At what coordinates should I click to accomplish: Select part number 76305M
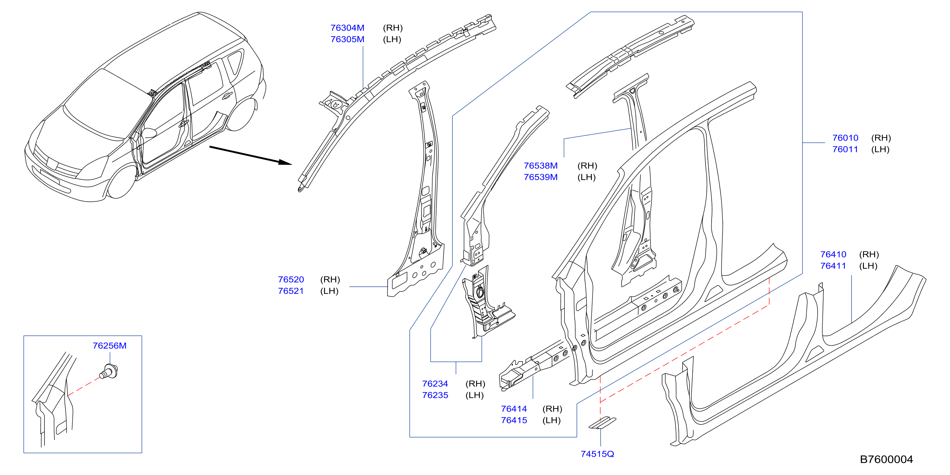coord(347,39)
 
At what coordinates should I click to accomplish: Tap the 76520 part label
coord(291,279)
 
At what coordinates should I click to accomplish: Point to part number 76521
coord(291,291)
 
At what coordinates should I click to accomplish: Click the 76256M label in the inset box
coord(109,346)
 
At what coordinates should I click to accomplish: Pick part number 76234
coord(435,383)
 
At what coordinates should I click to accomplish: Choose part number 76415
coord(514,420)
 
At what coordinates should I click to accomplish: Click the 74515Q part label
coord(597,454)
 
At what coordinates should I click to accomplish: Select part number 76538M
coord(541,165)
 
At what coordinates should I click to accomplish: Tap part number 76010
coord(845,138)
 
